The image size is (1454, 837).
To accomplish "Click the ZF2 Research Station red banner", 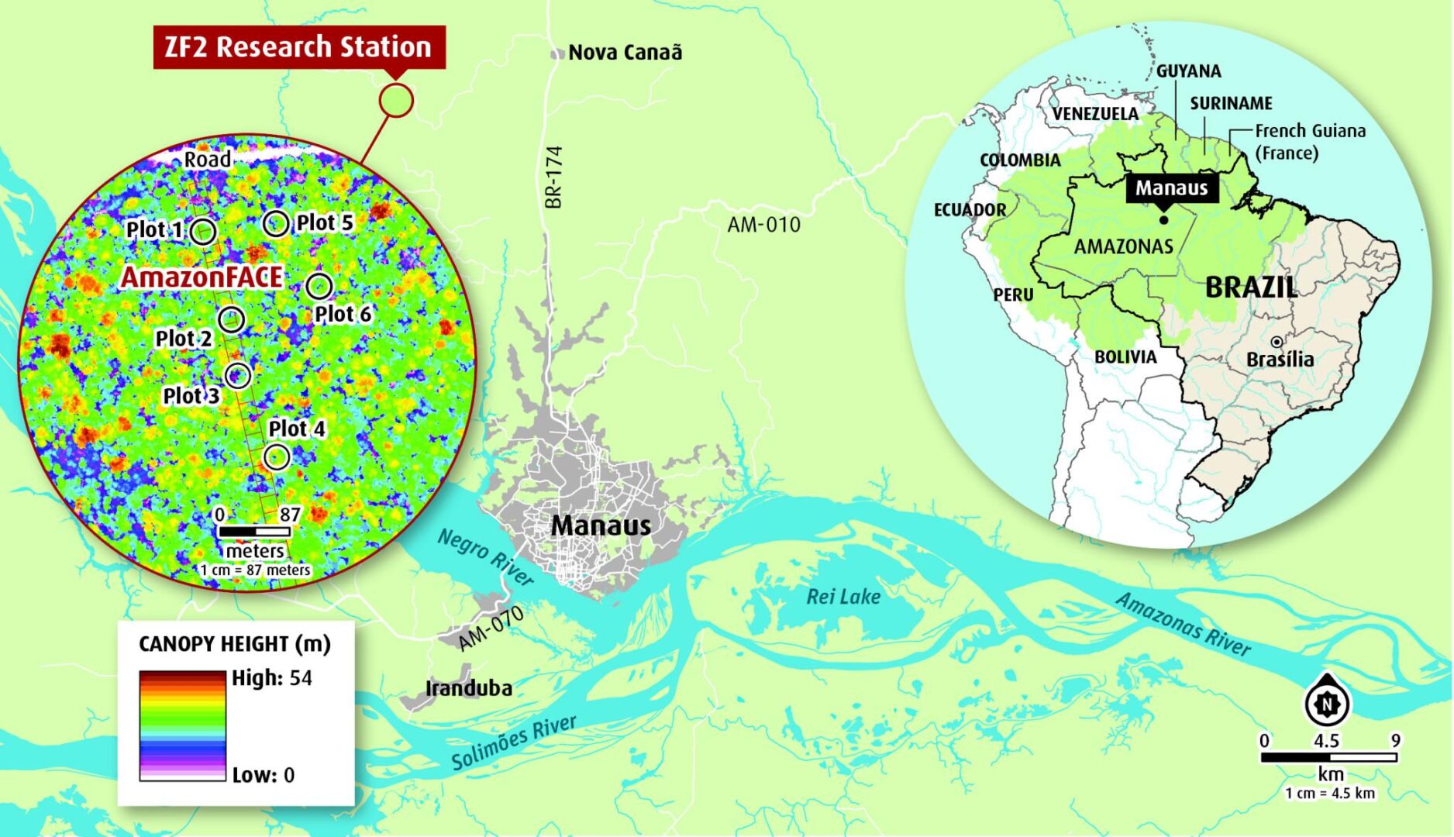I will [298, 47].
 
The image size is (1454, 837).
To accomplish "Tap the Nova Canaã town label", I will [625, 53].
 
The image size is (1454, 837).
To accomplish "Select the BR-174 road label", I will [553, 177].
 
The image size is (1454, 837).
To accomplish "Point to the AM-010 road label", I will [763, 225].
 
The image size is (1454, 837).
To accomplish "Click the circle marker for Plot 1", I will [203, 230].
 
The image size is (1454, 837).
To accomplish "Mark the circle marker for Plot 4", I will [277, 457].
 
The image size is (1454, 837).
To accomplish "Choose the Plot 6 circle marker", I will [319, 286].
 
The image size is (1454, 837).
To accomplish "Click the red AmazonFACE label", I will [202, 277].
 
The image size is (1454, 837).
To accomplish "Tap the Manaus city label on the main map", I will [601, 525].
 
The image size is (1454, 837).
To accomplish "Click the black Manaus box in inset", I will [1170, 188].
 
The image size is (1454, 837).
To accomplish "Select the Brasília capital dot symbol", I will [1276, 342].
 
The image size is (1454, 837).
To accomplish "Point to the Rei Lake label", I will [842, 597].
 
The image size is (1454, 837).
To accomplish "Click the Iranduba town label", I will [468, 688].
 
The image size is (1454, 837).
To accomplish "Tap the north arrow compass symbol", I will [1328, 704].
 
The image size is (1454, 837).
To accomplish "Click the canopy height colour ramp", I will [182, 725].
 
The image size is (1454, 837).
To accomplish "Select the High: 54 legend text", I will [271, 678].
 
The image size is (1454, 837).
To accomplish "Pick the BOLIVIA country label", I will [1125, 357].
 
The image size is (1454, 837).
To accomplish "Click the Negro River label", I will [485, 557].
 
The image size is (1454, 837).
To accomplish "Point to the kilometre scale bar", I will [1328, 757].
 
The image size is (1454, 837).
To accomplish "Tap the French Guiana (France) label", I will [1309, 141].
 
